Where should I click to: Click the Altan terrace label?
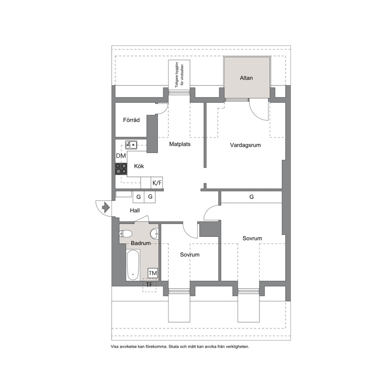246,78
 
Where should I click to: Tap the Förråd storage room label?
131,120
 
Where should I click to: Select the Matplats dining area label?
180,144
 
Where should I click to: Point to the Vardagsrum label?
245,145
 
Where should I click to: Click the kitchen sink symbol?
131,145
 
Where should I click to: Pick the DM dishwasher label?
121,156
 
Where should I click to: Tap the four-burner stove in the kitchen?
121,169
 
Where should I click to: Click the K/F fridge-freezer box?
157,183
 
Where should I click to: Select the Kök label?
139,166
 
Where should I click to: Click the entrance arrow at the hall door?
106,207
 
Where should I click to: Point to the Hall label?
135,211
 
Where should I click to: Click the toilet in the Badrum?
125,233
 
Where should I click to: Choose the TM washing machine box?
153,273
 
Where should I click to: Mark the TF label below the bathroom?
149,284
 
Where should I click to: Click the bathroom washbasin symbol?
155,234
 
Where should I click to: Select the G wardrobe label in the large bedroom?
251,197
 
